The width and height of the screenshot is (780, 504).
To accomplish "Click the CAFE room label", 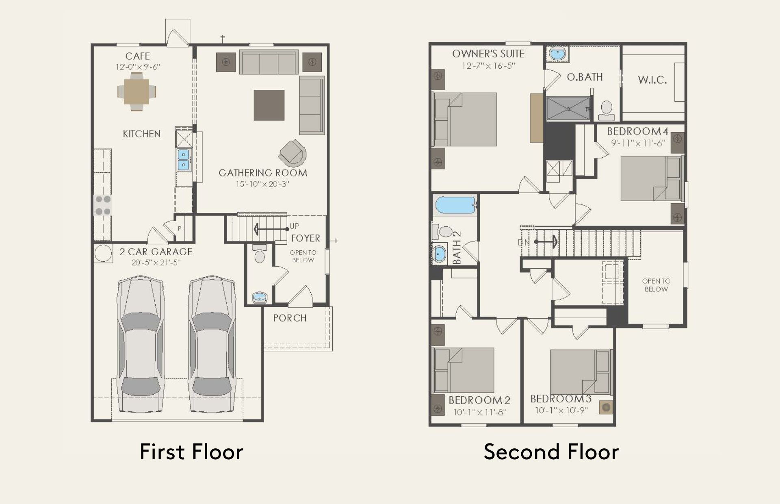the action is [137, 56].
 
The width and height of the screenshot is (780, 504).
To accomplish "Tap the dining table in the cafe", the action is [137, 92].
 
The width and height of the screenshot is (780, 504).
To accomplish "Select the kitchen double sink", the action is [184, 159].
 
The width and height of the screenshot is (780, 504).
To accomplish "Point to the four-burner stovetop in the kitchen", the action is [102, 205].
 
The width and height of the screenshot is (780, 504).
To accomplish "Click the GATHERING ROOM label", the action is [263, 173].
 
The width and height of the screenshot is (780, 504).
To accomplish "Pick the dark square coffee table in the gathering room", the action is [269, 105].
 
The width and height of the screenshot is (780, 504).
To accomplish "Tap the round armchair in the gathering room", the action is [292, 153].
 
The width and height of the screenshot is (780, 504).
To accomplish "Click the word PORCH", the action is [290, 318].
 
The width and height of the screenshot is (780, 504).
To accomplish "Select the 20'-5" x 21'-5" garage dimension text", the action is [156, 263].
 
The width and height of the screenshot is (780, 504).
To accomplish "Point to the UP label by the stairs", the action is [294, 226].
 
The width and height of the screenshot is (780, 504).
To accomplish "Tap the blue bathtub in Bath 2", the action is [455, 205].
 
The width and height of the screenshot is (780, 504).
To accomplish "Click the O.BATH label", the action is [585, 77].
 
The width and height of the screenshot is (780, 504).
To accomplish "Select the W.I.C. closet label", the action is [652, 80].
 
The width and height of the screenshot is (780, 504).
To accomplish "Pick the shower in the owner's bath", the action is [568, 109].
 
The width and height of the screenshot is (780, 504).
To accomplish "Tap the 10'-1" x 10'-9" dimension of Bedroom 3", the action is [561, 411].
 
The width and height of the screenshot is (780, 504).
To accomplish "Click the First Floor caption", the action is [191, 452].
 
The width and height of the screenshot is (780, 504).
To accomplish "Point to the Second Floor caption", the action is [551, 452].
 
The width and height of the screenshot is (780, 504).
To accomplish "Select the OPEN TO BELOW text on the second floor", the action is [656, 285].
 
